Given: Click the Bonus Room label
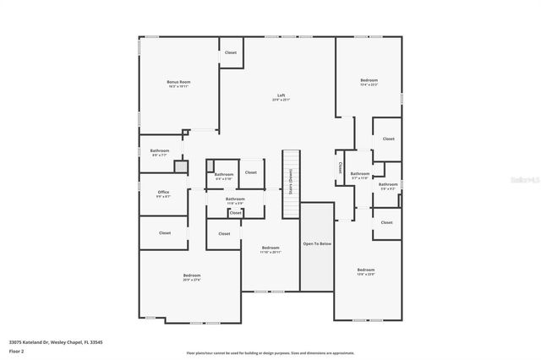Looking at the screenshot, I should tap(178, 82).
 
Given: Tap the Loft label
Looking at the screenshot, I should tap(281, 95).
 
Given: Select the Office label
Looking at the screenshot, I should tap(163, 192).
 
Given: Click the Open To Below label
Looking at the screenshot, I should tap(317, 243).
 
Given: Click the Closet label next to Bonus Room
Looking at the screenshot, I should tap(230, 52).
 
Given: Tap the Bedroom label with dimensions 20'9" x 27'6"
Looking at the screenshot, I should tap(192, 275).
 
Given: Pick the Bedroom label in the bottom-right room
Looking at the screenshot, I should tap(366, 270).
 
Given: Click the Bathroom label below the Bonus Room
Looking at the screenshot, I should tap(160, 150).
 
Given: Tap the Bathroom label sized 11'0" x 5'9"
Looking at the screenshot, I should tap(235, 199).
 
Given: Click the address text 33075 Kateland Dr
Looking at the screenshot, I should tap(51, 341).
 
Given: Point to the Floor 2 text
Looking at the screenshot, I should tap(18, 350).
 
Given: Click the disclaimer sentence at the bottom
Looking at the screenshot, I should tap(270, 352).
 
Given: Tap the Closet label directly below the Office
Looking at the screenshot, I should tap(165, 232).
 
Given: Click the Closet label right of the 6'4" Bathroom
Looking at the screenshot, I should tap(251, 172).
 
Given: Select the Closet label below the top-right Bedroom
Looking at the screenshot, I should tap(388, 139).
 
